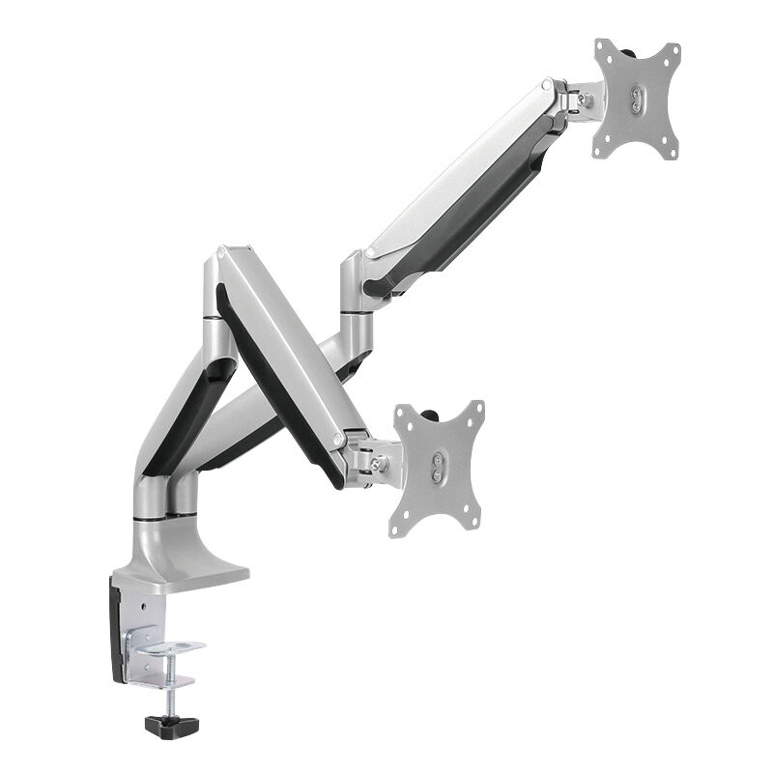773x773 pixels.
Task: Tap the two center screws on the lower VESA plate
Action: [x=437, y=470]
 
